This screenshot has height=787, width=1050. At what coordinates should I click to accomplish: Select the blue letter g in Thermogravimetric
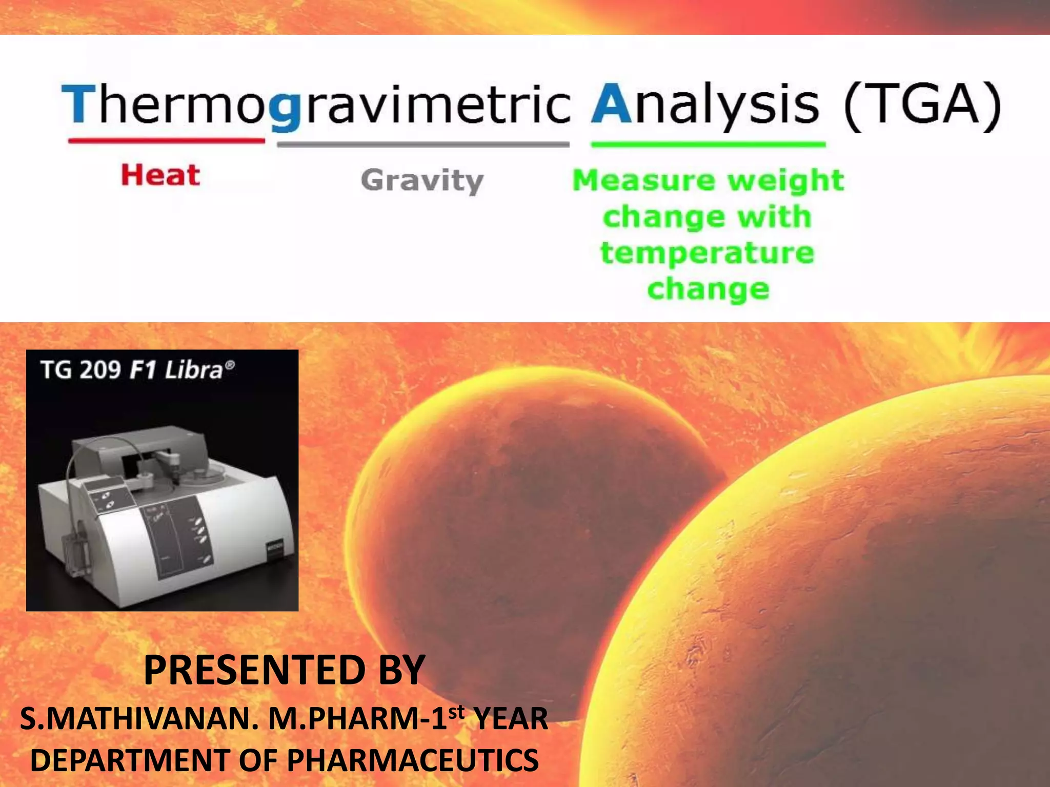[x=285, y=110]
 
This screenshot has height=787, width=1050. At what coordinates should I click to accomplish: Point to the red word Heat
[x=160, y=175]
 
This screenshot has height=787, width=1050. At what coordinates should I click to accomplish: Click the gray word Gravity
[x=422, y=181]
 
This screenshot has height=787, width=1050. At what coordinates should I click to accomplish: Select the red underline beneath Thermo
[x=167, y=140]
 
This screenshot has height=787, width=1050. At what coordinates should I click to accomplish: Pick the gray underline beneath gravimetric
[x=423, y=144]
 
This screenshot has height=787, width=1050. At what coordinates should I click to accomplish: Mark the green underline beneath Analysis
[x=708, y=144]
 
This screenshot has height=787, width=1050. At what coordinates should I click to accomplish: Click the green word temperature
[x=707, y=254]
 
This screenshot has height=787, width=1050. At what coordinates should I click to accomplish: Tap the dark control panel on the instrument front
[x=177, y=538]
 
